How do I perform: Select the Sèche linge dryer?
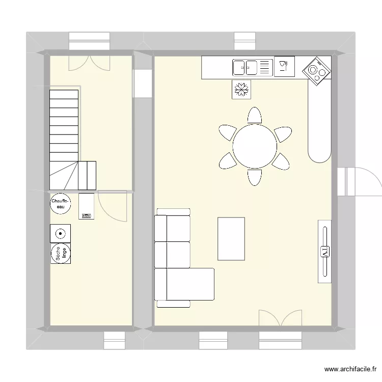click(61, 254)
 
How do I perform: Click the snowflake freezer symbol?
click(241, 89)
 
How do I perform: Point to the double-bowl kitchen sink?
click(245, 66)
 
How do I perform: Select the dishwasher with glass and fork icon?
click(284, 66)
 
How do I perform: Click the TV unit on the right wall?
click(324, 251)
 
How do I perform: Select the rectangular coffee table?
click(231, 238)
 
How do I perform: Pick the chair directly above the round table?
click(255, 116)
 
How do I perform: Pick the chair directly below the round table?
click(255, 177)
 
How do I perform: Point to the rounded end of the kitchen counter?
click(320, 151)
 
